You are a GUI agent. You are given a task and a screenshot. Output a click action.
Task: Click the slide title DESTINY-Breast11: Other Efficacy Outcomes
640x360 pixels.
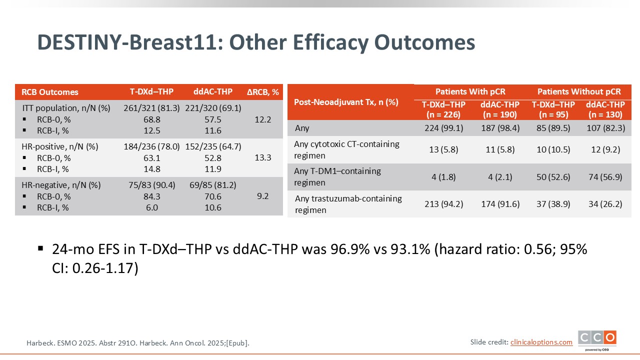coord(256,43)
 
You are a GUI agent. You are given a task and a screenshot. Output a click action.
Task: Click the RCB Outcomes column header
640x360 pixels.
coord(50,92)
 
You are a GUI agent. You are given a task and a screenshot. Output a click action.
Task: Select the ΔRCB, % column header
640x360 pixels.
coord(263,92)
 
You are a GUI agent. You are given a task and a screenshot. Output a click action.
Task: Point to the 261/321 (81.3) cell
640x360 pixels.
coord(151,108)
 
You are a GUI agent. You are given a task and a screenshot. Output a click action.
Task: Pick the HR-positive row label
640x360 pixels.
coord(60,146)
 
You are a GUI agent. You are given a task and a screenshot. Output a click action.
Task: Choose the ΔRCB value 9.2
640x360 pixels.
coord(263,196)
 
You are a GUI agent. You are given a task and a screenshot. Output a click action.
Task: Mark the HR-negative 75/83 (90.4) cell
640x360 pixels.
coord(151,185)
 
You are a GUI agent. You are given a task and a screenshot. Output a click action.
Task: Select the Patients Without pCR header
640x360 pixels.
coord(579,91)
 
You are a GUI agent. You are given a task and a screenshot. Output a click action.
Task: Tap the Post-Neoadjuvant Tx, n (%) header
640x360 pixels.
coord(346,102)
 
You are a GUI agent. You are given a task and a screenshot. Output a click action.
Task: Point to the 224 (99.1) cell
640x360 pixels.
coord(441,128)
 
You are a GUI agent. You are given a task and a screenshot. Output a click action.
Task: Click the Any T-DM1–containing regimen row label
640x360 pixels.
coord(337,176)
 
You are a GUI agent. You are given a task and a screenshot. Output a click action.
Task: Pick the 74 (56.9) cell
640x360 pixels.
coord(605,176)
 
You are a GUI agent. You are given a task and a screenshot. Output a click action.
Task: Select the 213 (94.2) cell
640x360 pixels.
coord(441,204)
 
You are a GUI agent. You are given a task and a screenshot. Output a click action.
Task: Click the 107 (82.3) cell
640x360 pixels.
coord(605,128)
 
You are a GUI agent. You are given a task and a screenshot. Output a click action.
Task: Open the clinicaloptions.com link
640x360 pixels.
coord(541,342)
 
